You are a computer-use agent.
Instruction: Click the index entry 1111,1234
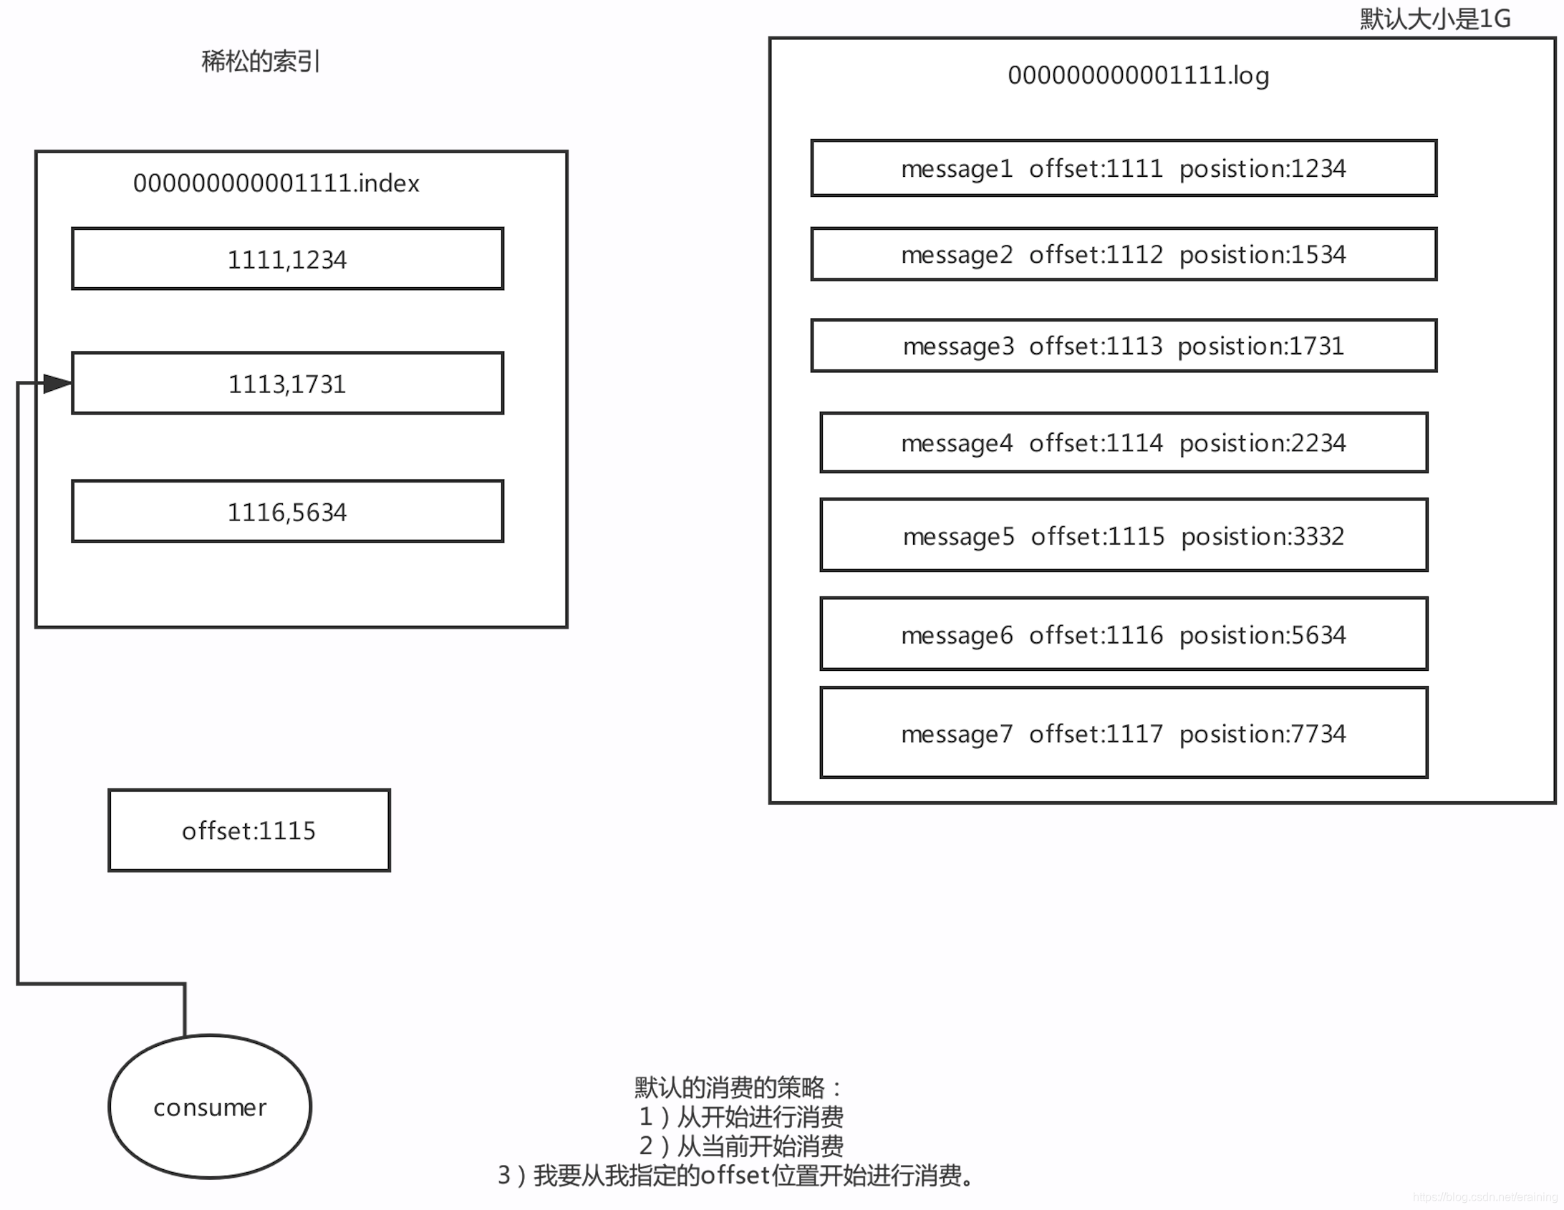pos(287,259)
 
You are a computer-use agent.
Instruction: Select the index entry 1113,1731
pos(287,384)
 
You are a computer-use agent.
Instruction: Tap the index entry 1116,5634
pos(287,512)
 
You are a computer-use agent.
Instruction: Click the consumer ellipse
pos(210,1107)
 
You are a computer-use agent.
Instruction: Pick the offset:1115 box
pos(248,831)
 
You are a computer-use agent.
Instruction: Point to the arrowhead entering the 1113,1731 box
pos(57,384)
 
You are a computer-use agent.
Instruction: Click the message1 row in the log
pos(1123,169)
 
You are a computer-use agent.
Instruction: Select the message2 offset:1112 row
pos(1123,255)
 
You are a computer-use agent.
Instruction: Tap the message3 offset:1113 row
pos(1123,347)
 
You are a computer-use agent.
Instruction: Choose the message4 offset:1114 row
pos(1123,443)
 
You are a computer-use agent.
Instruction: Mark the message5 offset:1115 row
pos(1123,536)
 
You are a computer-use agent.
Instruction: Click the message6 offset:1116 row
pos(1123,635)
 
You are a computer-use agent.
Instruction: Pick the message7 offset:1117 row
pos(1123,734)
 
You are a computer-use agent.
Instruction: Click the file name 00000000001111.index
pos(276,183)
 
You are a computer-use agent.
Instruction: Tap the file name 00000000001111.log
pos(1138,75)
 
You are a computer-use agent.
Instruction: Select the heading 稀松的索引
pos(260,62)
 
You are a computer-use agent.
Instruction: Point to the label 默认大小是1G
pos(1435,19)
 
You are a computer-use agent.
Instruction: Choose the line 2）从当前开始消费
pos(740,1146)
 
